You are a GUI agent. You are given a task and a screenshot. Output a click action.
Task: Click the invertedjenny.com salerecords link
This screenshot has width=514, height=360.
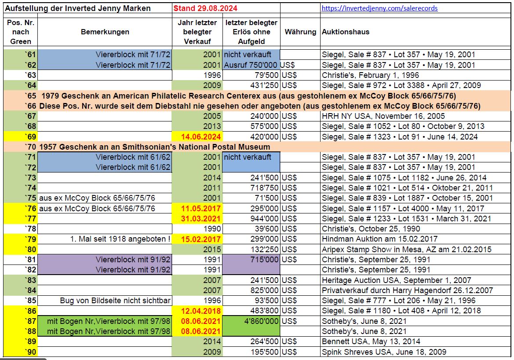[x=379, y=8]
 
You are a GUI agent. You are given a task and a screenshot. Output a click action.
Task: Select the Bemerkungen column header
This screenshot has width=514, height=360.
[x=105, y=32]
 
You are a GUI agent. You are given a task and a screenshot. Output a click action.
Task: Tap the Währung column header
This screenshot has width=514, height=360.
[x=300, y=32]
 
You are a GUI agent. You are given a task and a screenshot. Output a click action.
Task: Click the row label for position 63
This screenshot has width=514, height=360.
[x=30, y=75]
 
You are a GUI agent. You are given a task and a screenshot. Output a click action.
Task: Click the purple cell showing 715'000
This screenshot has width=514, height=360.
[x=263, y=259]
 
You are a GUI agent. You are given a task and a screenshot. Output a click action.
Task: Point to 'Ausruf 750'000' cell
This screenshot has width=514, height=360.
[x=251, y=65]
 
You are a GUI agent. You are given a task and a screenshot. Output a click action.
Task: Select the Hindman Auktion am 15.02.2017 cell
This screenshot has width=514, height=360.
[x=379, y=239]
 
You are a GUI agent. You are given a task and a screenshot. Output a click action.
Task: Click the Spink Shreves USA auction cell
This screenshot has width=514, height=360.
[x=384, y=352]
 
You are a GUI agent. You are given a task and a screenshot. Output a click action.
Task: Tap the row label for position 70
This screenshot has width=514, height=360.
[x=30, y=147]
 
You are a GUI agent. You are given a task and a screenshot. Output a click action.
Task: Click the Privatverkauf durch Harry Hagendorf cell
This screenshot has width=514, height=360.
[x=407, y=290]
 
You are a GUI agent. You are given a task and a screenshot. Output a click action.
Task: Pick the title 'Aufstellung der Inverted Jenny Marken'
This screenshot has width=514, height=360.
[x=78, y=8]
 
